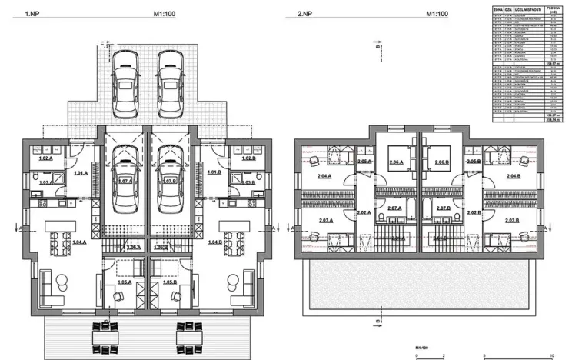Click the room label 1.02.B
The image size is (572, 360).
248,158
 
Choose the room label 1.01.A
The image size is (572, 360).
80,173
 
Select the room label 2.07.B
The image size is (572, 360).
443,208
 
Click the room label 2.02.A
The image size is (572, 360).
363,212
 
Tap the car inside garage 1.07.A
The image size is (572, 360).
125,172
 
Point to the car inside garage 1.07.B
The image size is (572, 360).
169,172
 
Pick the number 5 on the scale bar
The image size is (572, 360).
484,355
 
